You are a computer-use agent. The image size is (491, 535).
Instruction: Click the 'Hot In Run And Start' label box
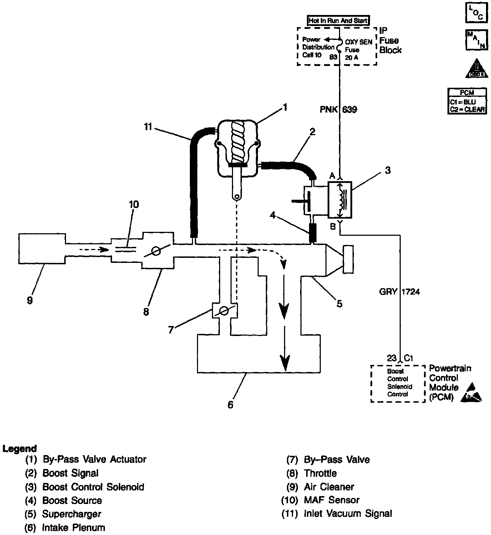pyautogui.click(x=338, y=21)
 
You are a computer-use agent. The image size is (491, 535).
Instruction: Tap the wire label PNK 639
pyautogui.click(x=338, y=109)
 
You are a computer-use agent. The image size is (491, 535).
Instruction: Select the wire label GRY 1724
pyautogui.click(x=399, y=292)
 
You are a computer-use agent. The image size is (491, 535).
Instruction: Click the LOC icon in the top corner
pyautogui.click(x=476, y=12)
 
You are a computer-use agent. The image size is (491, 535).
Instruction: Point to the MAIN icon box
pyautogui.click(x=476, y=40)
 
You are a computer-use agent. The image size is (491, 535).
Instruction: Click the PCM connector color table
pyautogui.click(x=467, y=101)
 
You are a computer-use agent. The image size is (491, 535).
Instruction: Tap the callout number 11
pyautogui.click(x=148, y=127)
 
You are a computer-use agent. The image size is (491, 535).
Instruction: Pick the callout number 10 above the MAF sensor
pyautogui.click(x=134, y=205)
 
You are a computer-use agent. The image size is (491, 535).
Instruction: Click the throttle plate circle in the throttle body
pyautogui.click(x=156, y=251)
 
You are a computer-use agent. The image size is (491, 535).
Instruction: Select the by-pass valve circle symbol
pyautogui.click(x=224, y=311)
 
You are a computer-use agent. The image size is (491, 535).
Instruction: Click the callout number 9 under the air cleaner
pyautogui.click(x=30, y=300)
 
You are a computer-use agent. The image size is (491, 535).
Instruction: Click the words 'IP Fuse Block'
pyautogui.click(x=390, y=40)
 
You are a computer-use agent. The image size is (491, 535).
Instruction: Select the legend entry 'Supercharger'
pyautogui.click(x=71, y=514)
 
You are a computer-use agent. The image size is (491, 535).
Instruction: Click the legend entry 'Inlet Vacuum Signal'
pyautogui.click(x=348, y=514)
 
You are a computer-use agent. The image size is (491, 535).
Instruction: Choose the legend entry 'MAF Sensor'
pyautogui.click(x=331, y=500)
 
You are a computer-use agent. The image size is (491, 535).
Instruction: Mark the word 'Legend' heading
pyautogui.click(x=19, y=448)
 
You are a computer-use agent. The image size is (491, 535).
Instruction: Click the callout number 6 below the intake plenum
pyautogui.click(x=231, y=405)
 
